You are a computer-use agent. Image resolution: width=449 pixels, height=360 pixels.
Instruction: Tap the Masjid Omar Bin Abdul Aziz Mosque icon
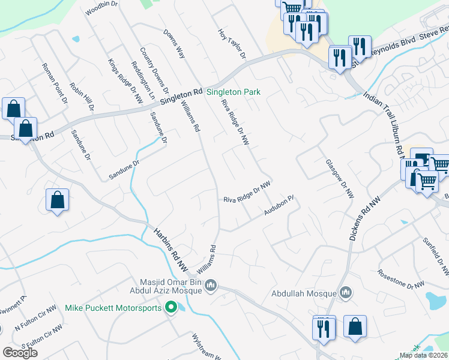(x=210, y=286)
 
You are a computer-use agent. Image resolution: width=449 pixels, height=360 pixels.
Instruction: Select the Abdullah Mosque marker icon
(x=345, y=293)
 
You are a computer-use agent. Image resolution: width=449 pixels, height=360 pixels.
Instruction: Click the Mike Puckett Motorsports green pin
(x=170, y=308)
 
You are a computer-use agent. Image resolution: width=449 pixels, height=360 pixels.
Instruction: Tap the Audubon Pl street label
(x=278, y=205)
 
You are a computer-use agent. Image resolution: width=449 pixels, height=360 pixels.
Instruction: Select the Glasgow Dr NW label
(x=340, y=179)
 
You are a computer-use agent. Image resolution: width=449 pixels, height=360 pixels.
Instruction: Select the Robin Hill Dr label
(x=82, y=97)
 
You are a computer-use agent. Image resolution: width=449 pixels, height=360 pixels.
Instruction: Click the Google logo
(x=20, y=353)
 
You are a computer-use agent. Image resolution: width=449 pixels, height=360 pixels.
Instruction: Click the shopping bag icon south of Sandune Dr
(x=57, y=200)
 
